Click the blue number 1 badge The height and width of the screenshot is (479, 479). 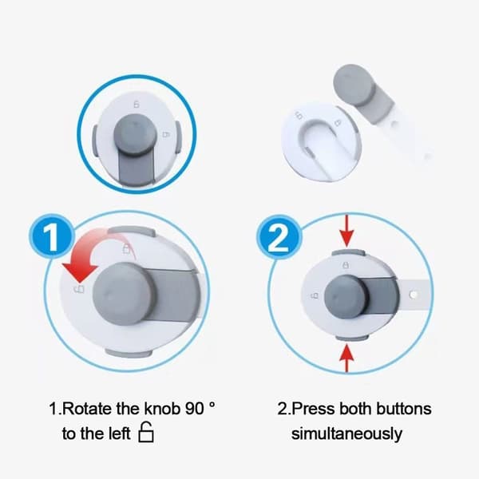click(x=52, y=237)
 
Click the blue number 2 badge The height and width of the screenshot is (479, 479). click(x=279, y=237)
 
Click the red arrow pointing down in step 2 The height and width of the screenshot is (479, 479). click(x=346, y=231)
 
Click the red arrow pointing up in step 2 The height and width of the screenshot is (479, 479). click(x=346, y=358)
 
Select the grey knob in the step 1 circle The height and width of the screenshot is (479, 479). click(x=122, y=293)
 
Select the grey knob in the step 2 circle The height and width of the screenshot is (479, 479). click(x=346, y=295)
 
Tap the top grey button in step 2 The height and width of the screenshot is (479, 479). click(x=348, y=252)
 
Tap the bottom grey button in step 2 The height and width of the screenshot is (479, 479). click(x=352, y=337)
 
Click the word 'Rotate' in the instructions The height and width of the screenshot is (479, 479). click(x=87, y=409)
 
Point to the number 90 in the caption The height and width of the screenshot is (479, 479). click(x=194, y=409)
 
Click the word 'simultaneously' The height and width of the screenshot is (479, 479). click(x=346, y=433)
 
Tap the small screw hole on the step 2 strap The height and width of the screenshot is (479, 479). click(x=413, y=295)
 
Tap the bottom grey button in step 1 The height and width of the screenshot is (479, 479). click(x=129, y=354)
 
